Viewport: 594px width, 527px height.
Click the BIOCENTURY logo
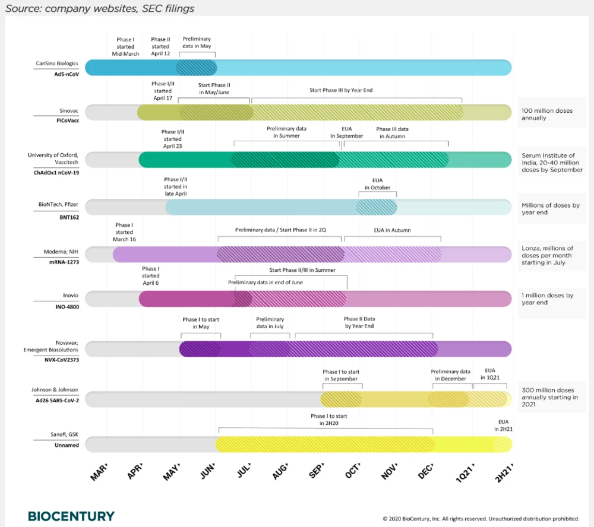pos(71,516)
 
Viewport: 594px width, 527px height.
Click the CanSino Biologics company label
pos(57,64)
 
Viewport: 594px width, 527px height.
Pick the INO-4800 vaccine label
pos(66,307)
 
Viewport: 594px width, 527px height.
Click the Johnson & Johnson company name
pos(55,390)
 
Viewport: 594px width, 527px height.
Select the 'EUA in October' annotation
pos(378,184)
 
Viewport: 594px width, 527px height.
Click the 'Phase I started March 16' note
pos(124,232)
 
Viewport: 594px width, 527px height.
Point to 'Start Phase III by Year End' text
pos(341,90)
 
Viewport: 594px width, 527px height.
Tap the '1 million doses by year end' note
pos(547,299)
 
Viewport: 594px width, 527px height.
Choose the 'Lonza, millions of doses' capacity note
pos(547,255)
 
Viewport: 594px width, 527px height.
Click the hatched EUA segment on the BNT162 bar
pos(377,207)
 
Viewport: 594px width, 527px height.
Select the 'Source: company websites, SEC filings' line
pos(100,9)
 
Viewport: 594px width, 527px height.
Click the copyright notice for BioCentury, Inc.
pos(481,518)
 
